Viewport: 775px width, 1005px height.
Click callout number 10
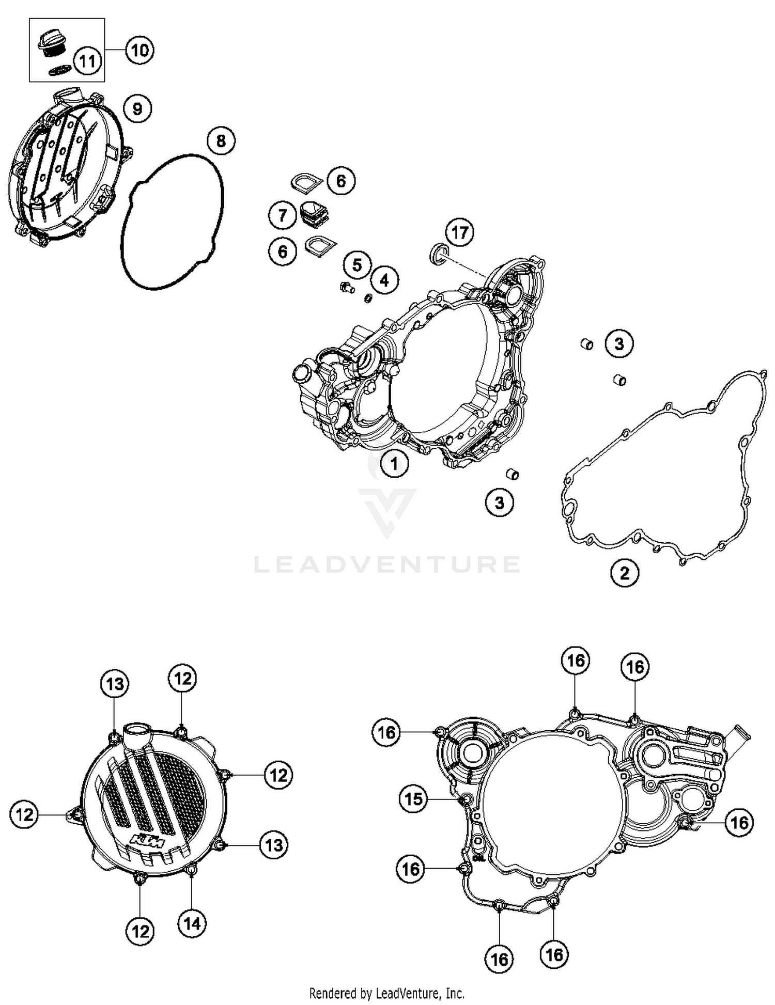tap(139, 50)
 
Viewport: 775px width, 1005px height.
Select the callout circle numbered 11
tap(87, 61)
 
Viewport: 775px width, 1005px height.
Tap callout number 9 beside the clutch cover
tap(137, 109)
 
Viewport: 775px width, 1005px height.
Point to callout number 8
tap(221, 140)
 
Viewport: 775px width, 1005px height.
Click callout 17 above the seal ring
tap(459, 233)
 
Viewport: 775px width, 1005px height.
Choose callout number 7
tap(282, 214)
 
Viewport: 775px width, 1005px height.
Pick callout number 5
tap(357, 265)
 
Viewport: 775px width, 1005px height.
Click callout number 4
tap(384, 280)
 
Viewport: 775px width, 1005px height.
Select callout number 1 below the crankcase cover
tap(394, 463)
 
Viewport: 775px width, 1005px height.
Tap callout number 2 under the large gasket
tap(625, 573)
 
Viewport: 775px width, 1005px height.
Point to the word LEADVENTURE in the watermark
tap(387, 564)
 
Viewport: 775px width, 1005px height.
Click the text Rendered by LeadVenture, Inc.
tap(386, 993)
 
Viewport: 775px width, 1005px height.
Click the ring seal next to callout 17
tap(439, 253)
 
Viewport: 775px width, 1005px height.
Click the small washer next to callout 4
tap(368, 298)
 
